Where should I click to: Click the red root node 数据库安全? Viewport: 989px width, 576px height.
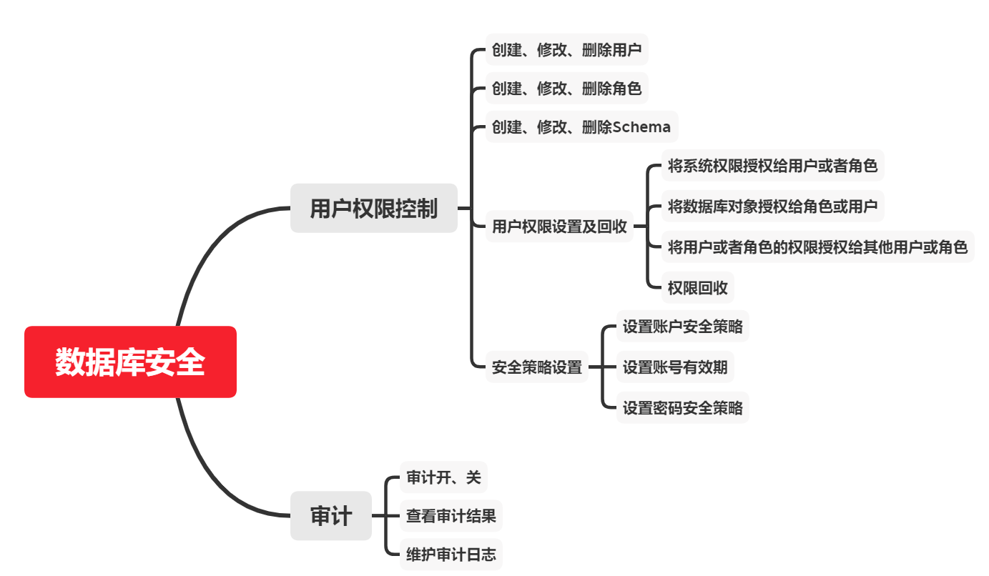[x=130, y=362]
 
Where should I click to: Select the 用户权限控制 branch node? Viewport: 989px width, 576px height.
[x=373, y=208]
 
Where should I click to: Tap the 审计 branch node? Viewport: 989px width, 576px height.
[x=330, y=515]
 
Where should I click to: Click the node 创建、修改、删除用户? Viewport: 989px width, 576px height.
[x=566, y=50]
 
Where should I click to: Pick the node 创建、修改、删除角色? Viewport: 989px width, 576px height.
[x=566, y=89]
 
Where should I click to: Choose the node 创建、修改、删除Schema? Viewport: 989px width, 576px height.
[x=581, y=127]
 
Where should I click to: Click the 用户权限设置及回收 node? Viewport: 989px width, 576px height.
[x=559, y=227]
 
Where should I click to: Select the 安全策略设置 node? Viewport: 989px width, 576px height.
[x=536, y=368]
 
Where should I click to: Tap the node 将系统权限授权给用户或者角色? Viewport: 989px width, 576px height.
[x=772, y=166]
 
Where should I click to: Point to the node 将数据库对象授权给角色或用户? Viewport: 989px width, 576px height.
[x=772, y=207]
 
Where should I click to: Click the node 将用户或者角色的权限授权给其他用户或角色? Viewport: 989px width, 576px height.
[x=817, y=247]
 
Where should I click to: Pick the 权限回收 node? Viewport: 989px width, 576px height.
[x=697, y=287]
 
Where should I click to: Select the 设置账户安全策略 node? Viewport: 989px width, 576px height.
[x=682, y=327]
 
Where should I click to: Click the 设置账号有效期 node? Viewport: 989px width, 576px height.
[x=674, y=367]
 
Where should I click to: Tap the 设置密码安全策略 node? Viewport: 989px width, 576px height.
[x=682, y=407]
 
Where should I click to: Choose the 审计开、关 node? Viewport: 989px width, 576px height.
[x=443, y=477]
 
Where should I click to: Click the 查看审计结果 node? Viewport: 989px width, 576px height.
[x=451, y=515]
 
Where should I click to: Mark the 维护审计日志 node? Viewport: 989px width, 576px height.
[x=451, y=554]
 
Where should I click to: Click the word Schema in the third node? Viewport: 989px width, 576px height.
[x=642, y=127]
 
